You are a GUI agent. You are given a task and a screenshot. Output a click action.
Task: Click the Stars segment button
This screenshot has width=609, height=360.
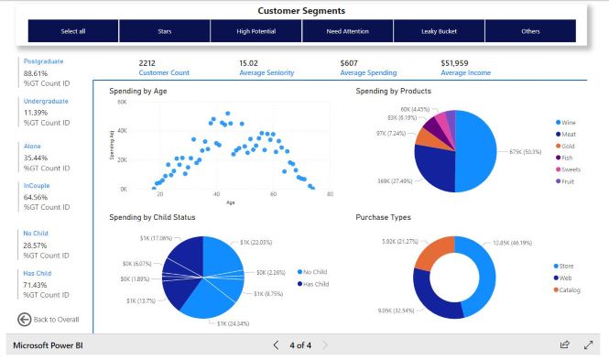[x=164, y=31]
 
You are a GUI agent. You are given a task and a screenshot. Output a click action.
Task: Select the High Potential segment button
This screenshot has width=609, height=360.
[x=256, y=31]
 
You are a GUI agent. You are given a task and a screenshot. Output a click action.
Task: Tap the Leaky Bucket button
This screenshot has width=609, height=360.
[x=439, y=31]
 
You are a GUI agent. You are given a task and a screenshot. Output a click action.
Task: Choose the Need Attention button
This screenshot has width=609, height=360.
[x=347, y=31]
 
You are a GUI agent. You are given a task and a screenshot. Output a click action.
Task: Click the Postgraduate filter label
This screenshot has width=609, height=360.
[x=44, y=61]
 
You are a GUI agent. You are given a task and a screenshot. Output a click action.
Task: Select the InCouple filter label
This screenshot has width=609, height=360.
[x=38, y=185]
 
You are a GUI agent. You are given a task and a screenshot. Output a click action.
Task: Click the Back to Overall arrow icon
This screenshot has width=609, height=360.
[x=25, y=319]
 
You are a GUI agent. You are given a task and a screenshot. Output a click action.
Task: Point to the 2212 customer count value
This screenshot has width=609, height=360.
[x=147, y=62]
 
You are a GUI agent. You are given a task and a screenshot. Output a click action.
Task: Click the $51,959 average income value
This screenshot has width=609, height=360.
[x=454, y=62]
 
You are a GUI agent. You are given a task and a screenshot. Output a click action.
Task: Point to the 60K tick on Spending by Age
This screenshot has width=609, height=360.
[x=121, y=103]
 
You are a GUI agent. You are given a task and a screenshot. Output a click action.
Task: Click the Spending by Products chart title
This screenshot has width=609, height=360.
[x=393, y=92]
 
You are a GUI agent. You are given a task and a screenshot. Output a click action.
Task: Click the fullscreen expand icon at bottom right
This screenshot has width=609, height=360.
[x=589, y=345]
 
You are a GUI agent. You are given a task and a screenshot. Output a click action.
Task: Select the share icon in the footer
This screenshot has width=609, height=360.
[x=565, y=345]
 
